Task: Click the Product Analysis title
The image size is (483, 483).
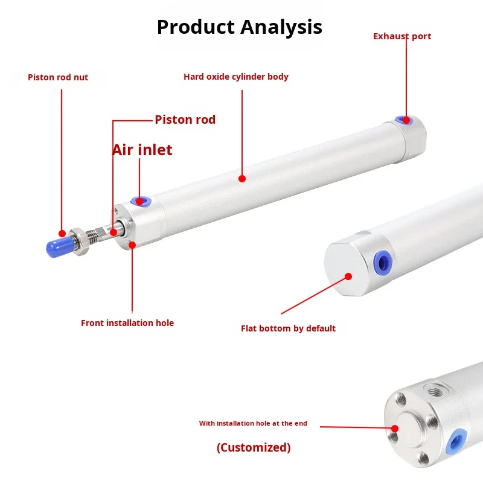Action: click(x=240, y=27)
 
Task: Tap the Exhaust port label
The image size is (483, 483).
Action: click(x=402, y=36)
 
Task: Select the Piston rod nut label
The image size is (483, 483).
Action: click(x=58, y=77)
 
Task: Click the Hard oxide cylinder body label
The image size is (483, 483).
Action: click(x=236, y=77)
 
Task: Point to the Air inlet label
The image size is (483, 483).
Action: click(x=142, y=150)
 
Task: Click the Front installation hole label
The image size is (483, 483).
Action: click(x=127, y=323)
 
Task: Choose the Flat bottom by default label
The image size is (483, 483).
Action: click(x=288, y=328)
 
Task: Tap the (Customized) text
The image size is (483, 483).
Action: click(x=254, y=447)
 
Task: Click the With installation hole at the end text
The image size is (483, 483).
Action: click(x=253, y=424)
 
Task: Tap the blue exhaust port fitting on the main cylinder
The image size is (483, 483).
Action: click(x=403, y=120)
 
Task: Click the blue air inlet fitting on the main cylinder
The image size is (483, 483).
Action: click(x=139, y=200)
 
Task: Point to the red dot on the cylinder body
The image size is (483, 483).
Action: click(x=242, y=178)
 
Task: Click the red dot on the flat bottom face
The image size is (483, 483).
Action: click(x=348, y=277)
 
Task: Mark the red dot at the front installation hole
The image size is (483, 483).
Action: click(x=132, y=244)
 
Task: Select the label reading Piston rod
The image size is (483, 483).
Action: click(x=185, y=120)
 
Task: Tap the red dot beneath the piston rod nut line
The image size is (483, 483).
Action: click(x=62, y=232)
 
